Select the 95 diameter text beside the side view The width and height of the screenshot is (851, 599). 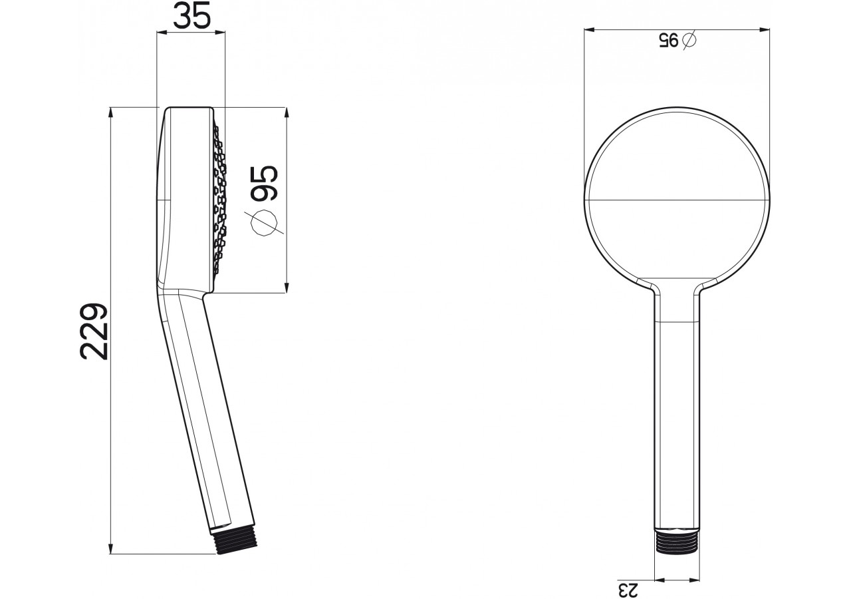tap(264, 184)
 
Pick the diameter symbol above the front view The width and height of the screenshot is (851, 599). tap(689, 40)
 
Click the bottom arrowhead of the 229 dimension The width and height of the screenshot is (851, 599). tap(111, 548)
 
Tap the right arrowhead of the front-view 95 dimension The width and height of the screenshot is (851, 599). tap(765, 29)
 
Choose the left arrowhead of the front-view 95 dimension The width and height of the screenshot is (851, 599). tap(588, 29)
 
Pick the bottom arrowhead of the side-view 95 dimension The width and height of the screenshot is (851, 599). tap(287, 288)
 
